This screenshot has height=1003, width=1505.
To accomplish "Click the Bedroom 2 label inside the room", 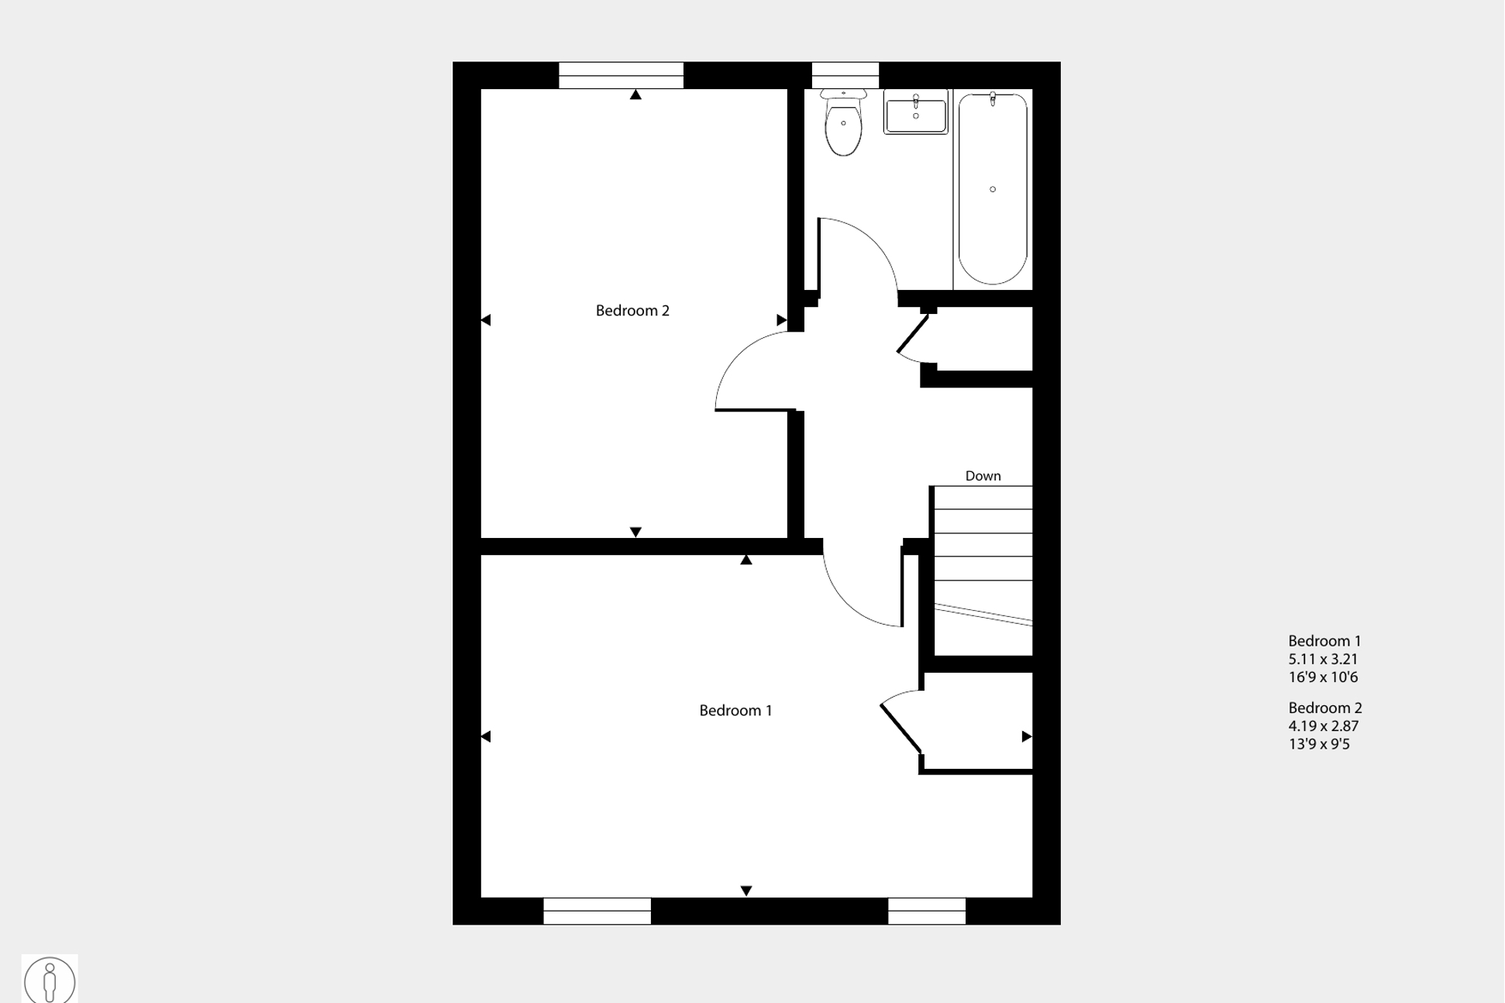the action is [632, 311].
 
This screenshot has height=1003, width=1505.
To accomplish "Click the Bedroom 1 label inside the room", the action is [735, 711].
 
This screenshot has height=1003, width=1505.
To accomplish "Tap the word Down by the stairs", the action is [983, 476].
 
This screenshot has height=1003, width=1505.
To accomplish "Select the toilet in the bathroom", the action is [843, 123].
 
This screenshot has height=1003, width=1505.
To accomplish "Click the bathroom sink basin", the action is [915, 113].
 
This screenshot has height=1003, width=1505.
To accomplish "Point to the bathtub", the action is [993, 188].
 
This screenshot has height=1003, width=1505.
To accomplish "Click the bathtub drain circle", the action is [993, 189].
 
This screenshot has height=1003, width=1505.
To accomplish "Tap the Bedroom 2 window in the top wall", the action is [621, 76].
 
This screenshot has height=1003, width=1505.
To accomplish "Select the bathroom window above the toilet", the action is [845, 76].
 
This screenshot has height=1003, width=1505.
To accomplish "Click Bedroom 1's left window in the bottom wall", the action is [597, 911].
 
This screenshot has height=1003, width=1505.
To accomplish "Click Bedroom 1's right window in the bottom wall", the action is [927, 911].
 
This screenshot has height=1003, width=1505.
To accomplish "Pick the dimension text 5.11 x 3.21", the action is [1323, 660].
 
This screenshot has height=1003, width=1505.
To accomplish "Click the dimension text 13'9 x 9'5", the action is [1319, 744].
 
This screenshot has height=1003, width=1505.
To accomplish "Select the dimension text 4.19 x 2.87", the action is [1323, 726].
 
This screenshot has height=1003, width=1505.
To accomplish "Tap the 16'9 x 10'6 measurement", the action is [1323, 677].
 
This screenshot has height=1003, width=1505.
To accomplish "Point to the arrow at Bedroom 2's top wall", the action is [635, 95].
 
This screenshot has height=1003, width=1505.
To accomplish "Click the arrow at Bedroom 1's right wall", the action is [1027, 736].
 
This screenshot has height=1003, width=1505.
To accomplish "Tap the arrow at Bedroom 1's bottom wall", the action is [746, 891].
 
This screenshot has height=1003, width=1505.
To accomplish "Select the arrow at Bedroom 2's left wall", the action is [486, 320].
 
